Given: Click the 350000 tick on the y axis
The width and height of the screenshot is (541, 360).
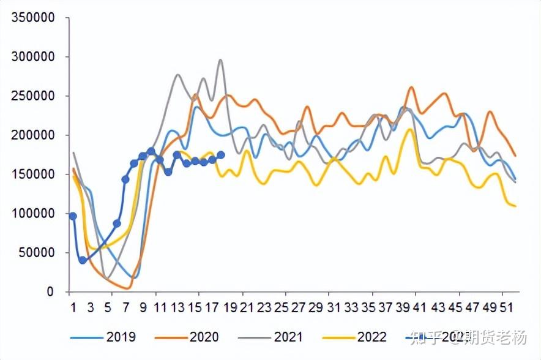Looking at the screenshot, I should pos(33,18).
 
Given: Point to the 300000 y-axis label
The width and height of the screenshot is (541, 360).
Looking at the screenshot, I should pos(33,57).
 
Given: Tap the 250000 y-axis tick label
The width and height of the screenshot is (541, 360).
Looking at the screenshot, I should pos(33,96).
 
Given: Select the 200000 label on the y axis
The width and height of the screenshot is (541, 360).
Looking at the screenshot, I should pos(33,135).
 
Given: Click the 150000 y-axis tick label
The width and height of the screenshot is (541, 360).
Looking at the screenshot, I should pos(33,174).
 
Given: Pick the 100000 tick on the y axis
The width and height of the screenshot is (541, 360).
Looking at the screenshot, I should pos(33,214).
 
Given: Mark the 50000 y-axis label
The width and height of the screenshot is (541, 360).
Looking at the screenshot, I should pos(37,253).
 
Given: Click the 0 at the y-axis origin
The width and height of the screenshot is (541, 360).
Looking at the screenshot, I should pos(51,292).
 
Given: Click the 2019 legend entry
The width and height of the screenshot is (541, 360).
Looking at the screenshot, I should pos(121,337).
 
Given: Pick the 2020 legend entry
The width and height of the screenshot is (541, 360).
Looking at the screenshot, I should pos(204,337).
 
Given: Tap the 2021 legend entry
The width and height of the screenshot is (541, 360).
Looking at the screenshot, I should pos(288,337).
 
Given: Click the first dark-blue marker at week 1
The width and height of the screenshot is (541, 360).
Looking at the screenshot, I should pos(73,216).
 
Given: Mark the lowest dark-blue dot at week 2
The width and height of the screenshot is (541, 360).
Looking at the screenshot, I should pos(83,260).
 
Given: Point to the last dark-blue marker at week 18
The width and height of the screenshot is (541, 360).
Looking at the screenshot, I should pos(221,156).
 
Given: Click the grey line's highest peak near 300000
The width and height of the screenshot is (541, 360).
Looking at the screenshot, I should pos(220,60).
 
